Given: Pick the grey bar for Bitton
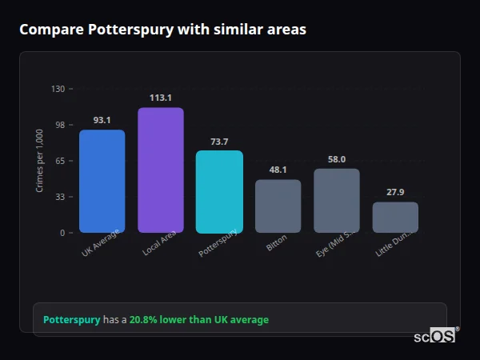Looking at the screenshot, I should (278, 206).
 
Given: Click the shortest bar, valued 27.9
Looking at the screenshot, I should (395, 217).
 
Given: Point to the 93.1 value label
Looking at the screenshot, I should (102, 120).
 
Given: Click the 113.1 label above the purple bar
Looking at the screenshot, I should (160, 98).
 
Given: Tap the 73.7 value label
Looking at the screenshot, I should (219, 142).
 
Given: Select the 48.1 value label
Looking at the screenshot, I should (278, 170).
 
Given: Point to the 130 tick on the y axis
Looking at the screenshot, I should (58, 89).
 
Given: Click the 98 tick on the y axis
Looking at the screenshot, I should (60, 125).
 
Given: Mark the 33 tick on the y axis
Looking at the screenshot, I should (60, 197).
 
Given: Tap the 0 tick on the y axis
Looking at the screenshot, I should (62, 233).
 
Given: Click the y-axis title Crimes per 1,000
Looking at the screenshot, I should (40, 161).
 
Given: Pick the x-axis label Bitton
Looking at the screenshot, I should (276, 243).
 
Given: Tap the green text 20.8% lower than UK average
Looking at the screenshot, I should (198, 319).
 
